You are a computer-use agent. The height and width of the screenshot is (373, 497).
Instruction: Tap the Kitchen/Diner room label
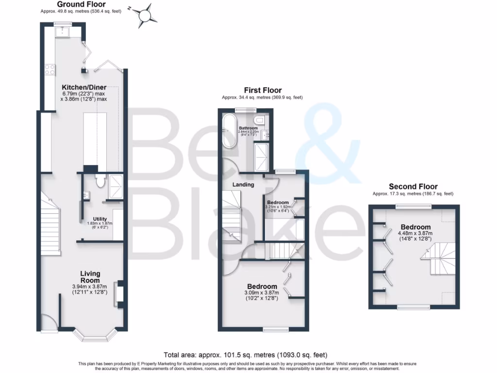click(x=84, y=87)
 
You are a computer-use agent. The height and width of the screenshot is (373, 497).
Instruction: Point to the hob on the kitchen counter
click(x=50, y=69)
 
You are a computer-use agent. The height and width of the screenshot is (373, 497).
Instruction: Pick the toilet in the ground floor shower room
click(x=100, y=181)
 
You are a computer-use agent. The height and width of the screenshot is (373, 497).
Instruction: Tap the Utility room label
click(x=99, y=219)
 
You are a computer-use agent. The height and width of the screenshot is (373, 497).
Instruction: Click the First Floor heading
click(x=263, y=90)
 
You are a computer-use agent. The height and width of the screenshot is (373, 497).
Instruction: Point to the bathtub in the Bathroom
click(x=230, y=132)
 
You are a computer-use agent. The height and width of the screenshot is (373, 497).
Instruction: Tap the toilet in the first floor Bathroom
click(x=259, y=120)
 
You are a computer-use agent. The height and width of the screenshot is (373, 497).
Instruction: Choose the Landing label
click(x=243, y=185)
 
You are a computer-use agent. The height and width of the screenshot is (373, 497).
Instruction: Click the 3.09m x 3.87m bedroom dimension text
click(x=262, y=296)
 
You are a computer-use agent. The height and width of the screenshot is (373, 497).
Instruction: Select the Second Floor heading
click(x=413, y=186)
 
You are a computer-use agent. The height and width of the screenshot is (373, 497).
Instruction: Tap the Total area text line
click(x=248, y=355)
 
